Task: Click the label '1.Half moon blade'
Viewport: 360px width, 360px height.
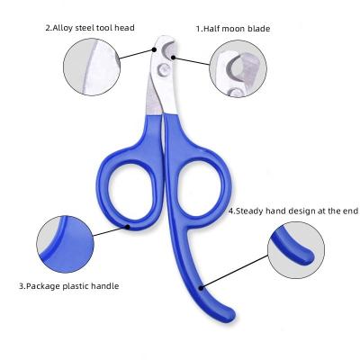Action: point(233,29)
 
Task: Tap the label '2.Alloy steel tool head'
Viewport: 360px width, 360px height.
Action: point(90,28)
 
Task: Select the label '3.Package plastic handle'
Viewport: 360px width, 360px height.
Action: point(69,286)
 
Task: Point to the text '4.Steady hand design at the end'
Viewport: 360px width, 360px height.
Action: point(293,211)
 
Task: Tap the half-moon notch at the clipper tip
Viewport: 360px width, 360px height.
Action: point(169,49)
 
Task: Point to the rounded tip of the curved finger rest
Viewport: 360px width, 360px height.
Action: point(229,315)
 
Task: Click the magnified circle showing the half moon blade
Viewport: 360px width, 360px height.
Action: point(238,68)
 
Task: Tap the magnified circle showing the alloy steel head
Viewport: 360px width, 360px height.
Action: point(92,67)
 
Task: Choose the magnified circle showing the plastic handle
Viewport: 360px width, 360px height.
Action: point(65,244)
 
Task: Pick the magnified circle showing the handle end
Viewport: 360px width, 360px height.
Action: point(296,250)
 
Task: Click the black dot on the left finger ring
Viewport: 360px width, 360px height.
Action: point(128,227)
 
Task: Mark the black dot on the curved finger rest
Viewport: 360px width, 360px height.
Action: point(202,288)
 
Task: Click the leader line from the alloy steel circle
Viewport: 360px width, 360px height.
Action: point(137,54)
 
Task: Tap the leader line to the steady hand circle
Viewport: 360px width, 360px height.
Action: point(235,272)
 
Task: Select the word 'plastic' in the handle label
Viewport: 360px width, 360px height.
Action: point(75,286)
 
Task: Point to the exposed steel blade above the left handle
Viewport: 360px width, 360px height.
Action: point(154,97)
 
